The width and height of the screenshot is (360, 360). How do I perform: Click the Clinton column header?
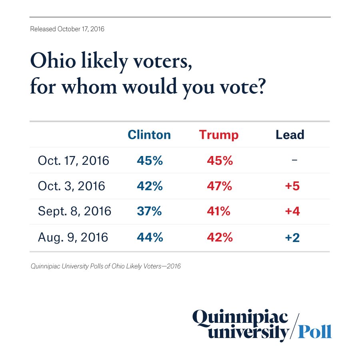pyautogui.click(x=149, y=135)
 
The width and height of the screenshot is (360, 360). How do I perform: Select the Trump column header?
pyautogui.click(x=219, y=135)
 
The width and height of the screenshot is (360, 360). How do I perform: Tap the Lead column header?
pyautogui.click(x=290, y=135)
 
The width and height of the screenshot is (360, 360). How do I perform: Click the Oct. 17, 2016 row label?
pyautogui.click(x=74, y=160)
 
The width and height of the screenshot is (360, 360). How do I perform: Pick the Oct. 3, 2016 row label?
pyautogui.click(x=71, y=186)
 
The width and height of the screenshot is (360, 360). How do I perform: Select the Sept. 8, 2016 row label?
pyautogui.click(x=74, y=212)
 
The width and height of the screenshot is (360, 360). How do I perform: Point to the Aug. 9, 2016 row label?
pyautogui.click(x=73, y=237)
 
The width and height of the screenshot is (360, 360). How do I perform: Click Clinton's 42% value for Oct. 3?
pyautogui.click(x=150, y=186)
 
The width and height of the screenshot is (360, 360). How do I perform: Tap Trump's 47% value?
pyautogui.click(x=220, y=186)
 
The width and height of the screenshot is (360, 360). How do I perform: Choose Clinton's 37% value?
pyautogui.click(x=149, y=212)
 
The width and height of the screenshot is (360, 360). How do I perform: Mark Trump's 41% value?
pyautogui.click(x=219, y=212)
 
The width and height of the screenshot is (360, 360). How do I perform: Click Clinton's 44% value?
pyautogui.click(x=150, y=237)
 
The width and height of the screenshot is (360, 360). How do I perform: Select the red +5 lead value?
pyautogui.click(x=292, y=186)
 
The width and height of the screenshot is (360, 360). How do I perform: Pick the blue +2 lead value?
pyautogui.click(x=292, y=237)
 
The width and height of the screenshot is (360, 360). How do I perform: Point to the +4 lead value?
pyautogui.click(x=292, y=212)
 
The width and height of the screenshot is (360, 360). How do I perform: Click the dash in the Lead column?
pyautogui.click(x=294, y=160)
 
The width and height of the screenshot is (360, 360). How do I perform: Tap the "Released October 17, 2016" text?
pyautogui.click(x=67, y=29)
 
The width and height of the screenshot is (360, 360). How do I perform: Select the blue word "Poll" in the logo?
pyautogui.click(x=316, y=331)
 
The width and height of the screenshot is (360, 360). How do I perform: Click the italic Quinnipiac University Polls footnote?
pyautogui.click(x=106, y=266)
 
